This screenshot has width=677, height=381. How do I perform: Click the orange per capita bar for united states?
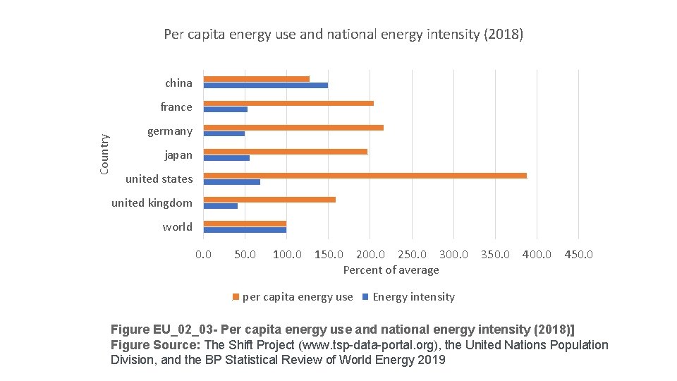[x=365, y=176]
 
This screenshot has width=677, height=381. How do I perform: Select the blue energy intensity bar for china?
[x=265, y=85]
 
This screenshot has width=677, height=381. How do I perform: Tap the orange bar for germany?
[x=293, y=128]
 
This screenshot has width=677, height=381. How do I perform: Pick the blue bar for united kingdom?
[x=220, y=206]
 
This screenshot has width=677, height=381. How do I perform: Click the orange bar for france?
[x=288, y=104]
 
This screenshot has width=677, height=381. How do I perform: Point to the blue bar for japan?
[x=226, y=158]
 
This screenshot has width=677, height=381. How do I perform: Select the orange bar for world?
[x=245, y=223]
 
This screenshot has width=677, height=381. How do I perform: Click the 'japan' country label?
[x=178, y=155]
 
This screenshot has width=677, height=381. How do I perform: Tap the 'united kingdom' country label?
[x=152, y=203]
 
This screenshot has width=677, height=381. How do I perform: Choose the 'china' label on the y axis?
[x=178, y=83]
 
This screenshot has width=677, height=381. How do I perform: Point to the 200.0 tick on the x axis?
[x=370, y=254]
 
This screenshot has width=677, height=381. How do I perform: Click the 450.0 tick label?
[x=578, y=254]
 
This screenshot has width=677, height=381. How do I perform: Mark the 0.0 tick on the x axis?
[x=203, y=254]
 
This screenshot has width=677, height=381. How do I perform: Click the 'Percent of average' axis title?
[x=391, y=270]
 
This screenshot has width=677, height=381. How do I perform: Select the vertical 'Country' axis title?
[x=104, y=155]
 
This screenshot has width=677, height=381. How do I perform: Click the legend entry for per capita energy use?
[x=297, y=297]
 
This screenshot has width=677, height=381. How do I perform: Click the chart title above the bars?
[x=343, y=34]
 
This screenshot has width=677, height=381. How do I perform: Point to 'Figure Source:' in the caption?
[x=157, y=345]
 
